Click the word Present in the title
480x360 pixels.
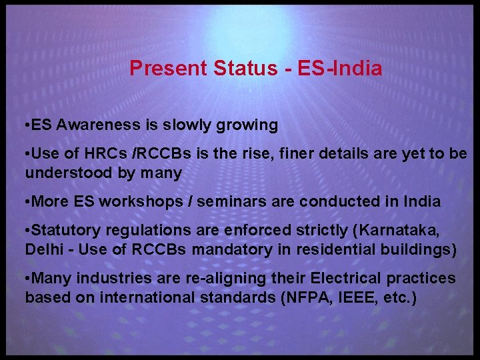(x=169, y=68)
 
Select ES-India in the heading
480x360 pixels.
(x=339, y=68)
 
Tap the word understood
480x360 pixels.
(x=69, y=173)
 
